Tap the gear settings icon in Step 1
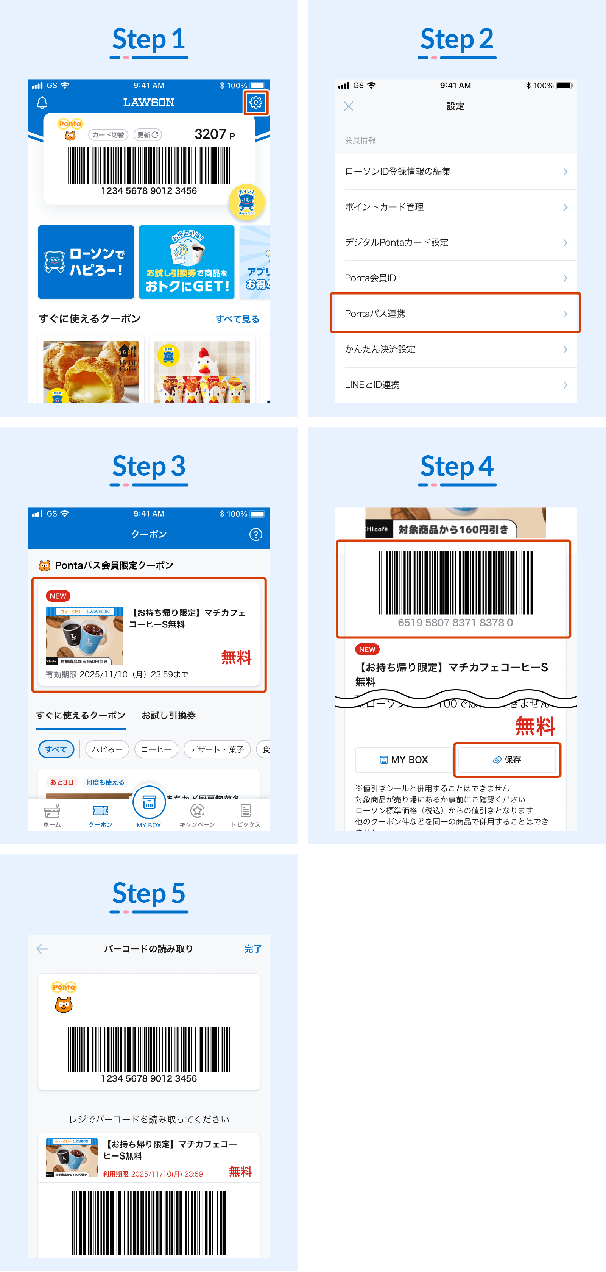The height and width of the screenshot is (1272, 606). [x=255, y=103]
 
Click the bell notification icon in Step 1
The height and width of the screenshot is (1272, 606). [x=42, y=103]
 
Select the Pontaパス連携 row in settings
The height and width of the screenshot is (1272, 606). [x=455, y=314]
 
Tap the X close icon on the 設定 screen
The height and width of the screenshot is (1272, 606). [x=348, y=106]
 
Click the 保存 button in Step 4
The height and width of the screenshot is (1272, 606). [x=507, y=759]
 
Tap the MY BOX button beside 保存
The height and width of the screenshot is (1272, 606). [x=403, y=759]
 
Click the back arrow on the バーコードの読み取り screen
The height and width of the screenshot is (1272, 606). [x=42, y=949]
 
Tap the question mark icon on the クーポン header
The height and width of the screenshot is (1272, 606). [x=255, y=534]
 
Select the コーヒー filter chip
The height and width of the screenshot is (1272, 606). [x=156, y=749]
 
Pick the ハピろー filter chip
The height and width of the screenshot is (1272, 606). [x=107, y=749]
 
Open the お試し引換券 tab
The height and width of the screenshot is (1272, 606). [x=168, y=715]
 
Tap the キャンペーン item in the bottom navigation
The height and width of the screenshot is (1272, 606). [x=197, y=815]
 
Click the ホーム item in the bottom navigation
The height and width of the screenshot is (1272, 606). [x=52, y=815]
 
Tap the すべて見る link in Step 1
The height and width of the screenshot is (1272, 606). [x=237, y=319]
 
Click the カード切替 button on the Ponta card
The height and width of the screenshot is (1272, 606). [x=108, y=135]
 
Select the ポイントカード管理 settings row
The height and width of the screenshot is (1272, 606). [x=455, y=207]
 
